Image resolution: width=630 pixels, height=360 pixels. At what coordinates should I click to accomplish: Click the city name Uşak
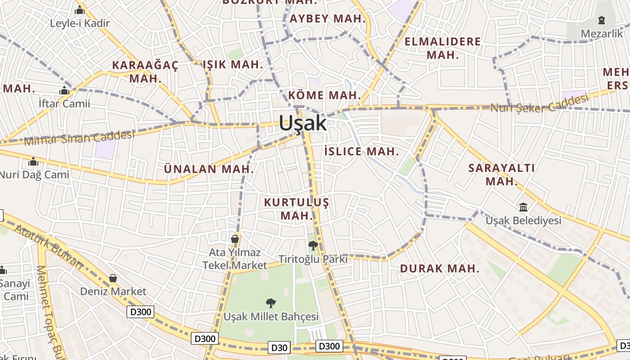point(303,123)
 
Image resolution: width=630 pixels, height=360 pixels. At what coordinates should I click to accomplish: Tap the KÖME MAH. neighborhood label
point(324,95)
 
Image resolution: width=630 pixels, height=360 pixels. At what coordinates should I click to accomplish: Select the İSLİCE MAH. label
point(361,151)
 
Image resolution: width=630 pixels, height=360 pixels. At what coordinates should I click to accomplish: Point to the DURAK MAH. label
point(440,269)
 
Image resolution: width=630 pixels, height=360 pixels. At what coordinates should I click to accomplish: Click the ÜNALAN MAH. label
point(209,169)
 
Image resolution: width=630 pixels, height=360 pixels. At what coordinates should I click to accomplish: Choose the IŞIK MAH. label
point(233,64)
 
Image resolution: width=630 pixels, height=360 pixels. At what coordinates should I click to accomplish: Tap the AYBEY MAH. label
point(328,19)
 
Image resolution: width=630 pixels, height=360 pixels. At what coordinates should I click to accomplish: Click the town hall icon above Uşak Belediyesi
point(523,207)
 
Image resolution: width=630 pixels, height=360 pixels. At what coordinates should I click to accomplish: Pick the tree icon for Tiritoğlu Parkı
point(313,246)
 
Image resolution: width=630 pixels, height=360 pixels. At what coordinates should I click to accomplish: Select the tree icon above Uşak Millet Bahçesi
point(271,303)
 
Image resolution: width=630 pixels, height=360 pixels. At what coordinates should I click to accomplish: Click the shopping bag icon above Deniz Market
point(113,278)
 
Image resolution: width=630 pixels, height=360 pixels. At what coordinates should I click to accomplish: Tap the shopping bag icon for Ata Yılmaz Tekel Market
point(234,238)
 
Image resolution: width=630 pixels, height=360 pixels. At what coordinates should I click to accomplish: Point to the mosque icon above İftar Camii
point(64,90)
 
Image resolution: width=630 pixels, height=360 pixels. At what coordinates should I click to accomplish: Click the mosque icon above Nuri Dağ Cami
point(33,161)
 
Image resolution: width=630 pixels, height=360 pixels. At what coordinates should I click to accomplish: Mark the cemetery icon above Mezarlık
point(601,20)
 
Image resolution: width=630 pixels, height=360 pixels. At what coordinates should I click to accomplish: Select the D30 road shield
point(279,347)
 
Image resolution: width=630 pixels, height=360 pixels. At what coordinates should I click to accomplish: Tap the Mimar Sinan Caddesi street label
point(79,138)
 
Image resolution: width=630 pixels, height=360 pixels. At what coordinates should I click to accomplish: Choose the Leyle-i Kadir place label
point(80,23)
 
